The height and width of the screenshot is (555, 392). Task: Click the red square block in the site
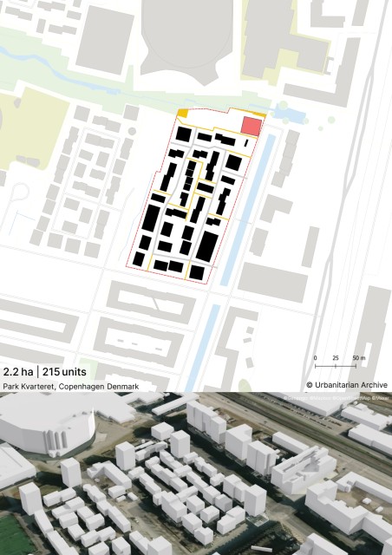pos(251,126)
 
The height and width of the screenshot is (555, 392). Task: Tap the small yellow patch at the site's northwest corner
pos(183,113)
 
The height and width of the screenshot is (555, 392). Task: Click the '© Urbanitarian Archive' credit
pos(347,385)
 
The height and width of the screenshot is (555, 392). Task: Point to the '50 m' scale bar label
pos(359,357)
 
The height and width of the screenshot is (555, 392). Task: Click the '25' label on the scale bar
pos(336,357)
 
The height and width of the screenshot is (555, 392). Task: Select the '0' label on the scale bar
pos(315,357)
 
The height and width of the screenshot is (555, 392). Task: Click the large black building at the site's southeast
pos(206,245)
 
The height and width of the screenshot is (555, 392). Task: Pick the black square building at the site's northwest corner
pos(184,134)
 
